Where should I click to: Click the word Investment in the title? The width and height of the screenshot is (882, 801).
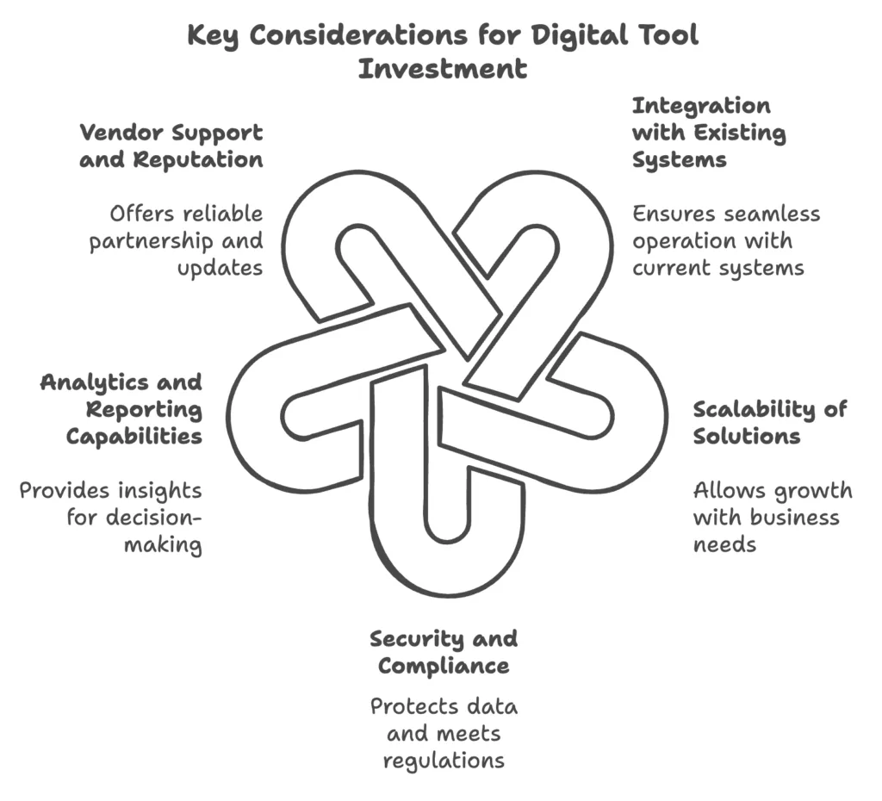coord(443,68)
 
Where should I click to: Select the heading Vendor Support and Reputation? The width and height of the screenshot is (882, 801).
coord(171,146)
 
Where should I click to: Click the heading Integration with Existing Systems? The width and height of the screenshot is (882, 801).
coord(708,133)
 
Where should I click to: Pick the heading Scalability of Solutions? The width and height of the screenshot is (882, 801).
coord(769,422)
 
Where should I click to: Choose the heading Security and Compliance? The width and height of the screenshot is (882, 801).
coord(444,652)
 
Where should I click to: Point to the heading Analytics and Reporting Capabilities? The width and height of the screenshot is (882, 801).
coord(121,408)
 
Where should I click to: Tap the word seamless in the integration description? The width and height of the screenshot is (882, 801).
coord(772,214)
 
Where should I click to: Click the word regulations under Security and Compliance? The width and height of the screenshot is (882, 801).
coord(444,761)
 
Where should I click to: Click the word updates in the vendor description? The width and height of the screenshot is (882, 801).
coord(220,268)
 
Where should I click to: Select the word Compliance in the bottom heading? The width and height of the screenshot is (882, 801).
coord(444,666)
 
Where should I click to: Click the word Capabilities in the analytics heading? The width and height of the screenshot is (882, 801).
coord(134,436)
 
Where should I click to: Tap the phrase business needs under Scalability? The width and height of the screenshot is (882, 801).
coord(767,531)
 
